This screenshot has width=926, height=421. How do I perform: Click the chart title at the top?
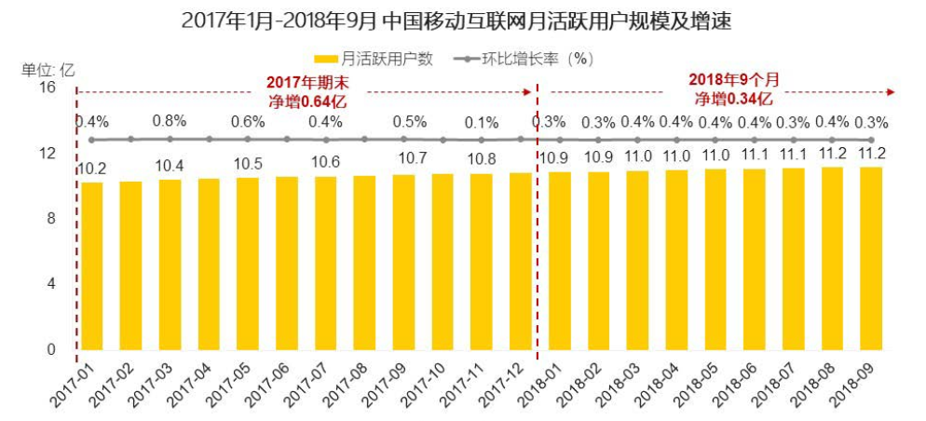463,20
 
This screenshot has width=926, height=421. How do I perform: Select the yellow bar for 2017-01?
92,266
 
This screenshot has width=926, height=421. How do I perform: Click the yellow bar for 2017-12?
521,262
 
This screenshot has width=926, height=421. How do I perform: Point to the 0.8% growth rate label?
170,121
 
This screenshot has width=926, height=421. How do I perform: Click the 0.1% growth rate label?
481,122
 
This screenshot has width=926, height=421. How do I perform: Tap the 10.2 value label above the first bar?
92,169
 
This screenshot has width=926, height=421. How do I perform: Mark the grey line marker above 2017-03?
170,139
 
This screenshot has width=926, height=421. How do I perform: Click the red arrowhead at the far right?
891,92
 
